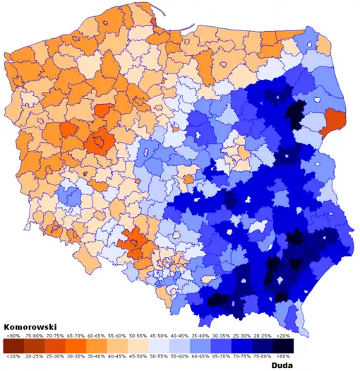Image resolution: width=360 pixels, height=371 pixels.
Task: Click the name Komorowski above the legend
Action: click(30, 327)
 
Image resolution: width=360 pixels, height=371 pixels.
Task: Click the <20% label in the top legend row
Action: click(282, 338)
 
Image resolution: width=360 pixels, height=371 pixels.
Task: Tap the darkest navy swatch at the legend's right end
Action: click(282, 346)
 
